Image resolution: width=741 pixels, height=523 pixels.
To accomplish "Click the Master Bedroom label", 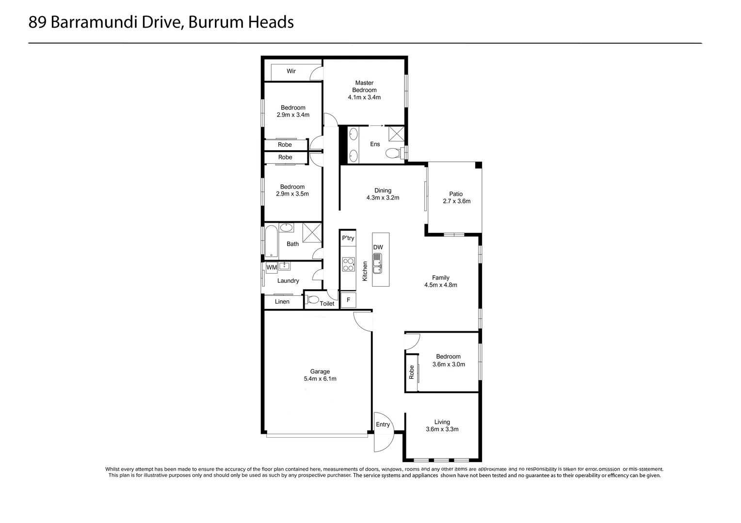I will (x=364, y=86).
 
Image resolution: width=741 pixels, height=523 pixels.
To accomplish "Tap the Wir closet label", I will (x=291, y=71).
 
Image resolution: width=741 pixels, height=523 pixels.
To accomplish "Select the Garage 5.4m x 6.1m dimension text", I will (x=320, y=379).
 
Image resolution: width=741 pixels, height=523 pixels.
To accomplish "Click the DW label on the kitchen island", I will (x=378, y=247).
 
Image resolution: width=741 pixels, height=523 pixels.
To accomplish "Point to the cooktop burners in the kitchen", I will (x=348, y=264).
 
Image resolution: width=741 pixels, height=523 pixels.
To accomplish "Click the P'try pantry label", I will (x=348, y=238).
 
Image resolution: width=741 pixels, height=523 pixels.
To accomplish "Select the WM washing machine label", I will (x=271, y=267).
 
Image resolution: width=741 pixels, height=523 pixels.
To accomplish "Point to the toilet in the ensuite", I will (x=393, y=154).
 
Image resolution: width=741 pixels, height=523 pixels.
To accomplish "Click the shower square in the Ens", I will (x=396, y=133).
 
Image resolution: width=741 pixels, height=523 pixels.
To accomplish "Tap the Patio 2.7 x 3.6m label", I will (x=456, y=198).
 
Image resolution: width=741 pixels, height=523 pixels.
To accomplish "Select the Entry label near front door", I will (x=383, y=425).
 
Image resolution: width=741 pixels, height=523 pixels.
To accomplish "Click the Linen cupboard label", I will (x=282, y=302).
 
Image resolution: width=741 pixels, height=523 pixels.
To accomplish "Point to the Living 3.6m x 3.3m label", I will (x=442, y=426).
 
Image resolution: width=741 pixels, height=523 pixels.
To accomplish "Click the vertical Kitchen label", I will (x=365, y=271).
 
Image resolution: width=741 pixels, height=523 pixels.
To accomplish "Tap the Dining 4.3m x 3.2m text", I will (x=383, y=194).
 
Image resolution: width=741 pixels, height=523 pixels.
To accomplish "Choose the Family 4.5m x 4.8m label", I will (x=440, y=281).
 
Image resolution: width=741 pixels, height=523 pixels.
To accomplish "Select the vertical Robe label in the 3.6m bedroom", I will (x=412, y=371).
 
